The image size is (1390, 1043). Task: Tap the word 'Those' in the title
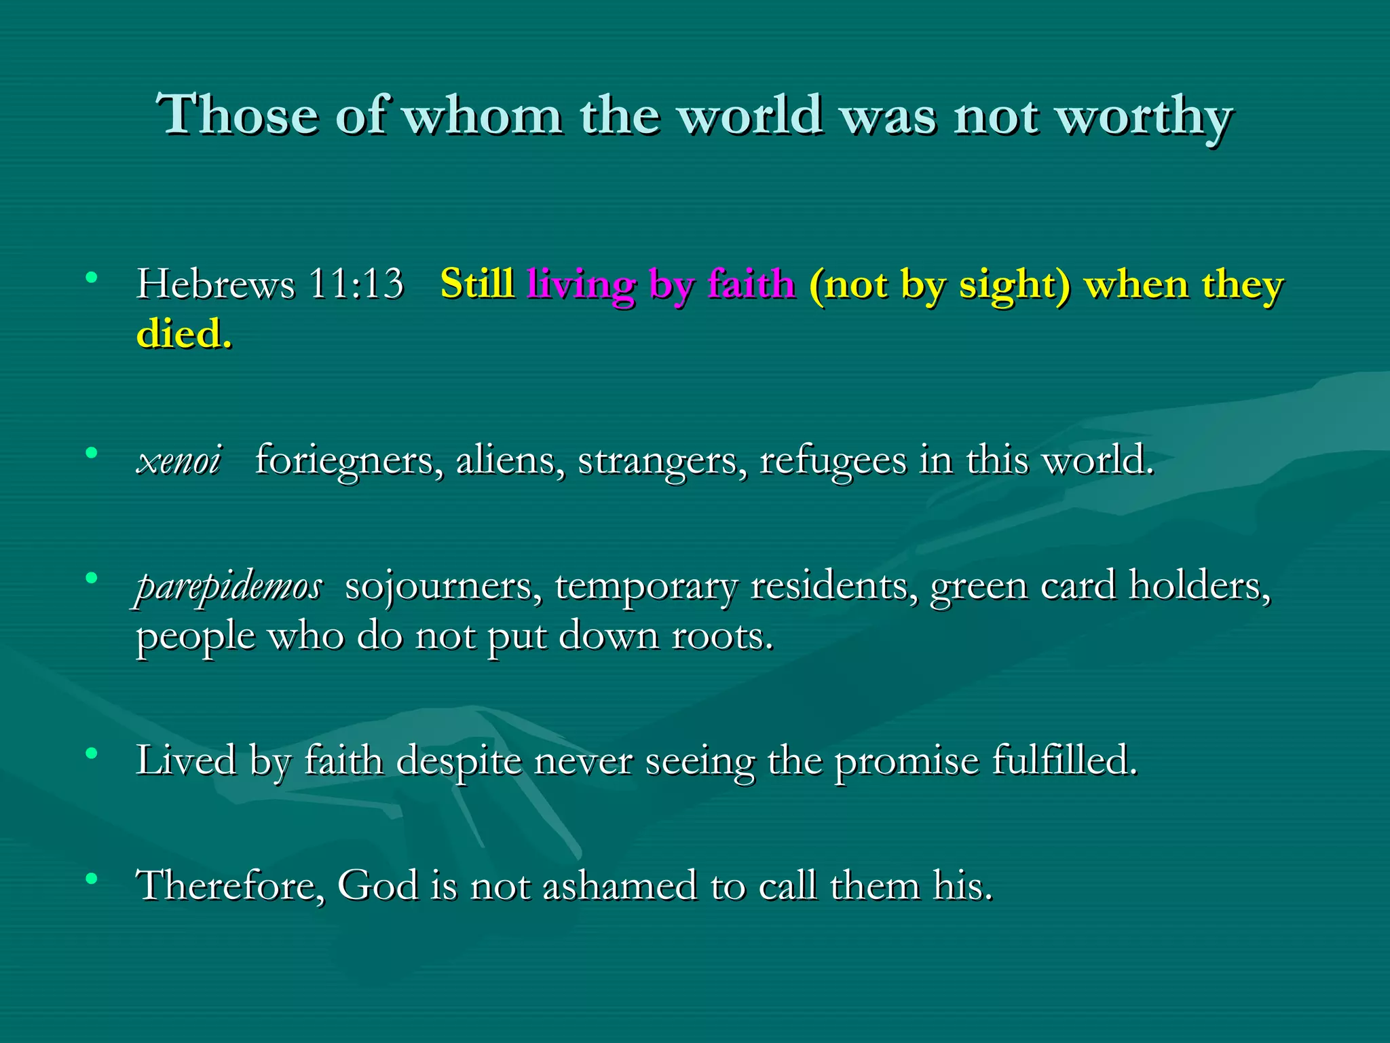[x=238, y=114]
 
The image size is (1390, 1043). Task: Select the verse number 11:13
[x=356, y=283]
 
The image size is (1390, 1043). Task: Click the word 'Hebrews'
[x=216, y=283]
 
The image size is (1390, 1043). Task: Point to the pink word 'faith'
[x=751, y=283]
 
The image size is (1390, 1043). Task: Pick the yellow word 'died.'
[x=184, y=333]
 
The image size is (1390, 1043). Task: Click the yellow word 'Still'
[x=476, y=283]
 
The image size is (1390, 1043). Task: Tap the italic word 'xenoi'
[x=179, y=460]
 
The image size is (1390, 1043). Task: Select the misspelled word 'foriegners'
[x=350, y=461]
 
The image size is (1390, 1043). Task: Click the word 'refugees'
[x=832, y=461]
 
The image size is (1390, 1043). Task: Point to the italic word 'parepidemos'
[x=229, y=586]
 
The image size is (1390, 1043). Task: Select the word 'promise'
[x=907, y=760]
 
